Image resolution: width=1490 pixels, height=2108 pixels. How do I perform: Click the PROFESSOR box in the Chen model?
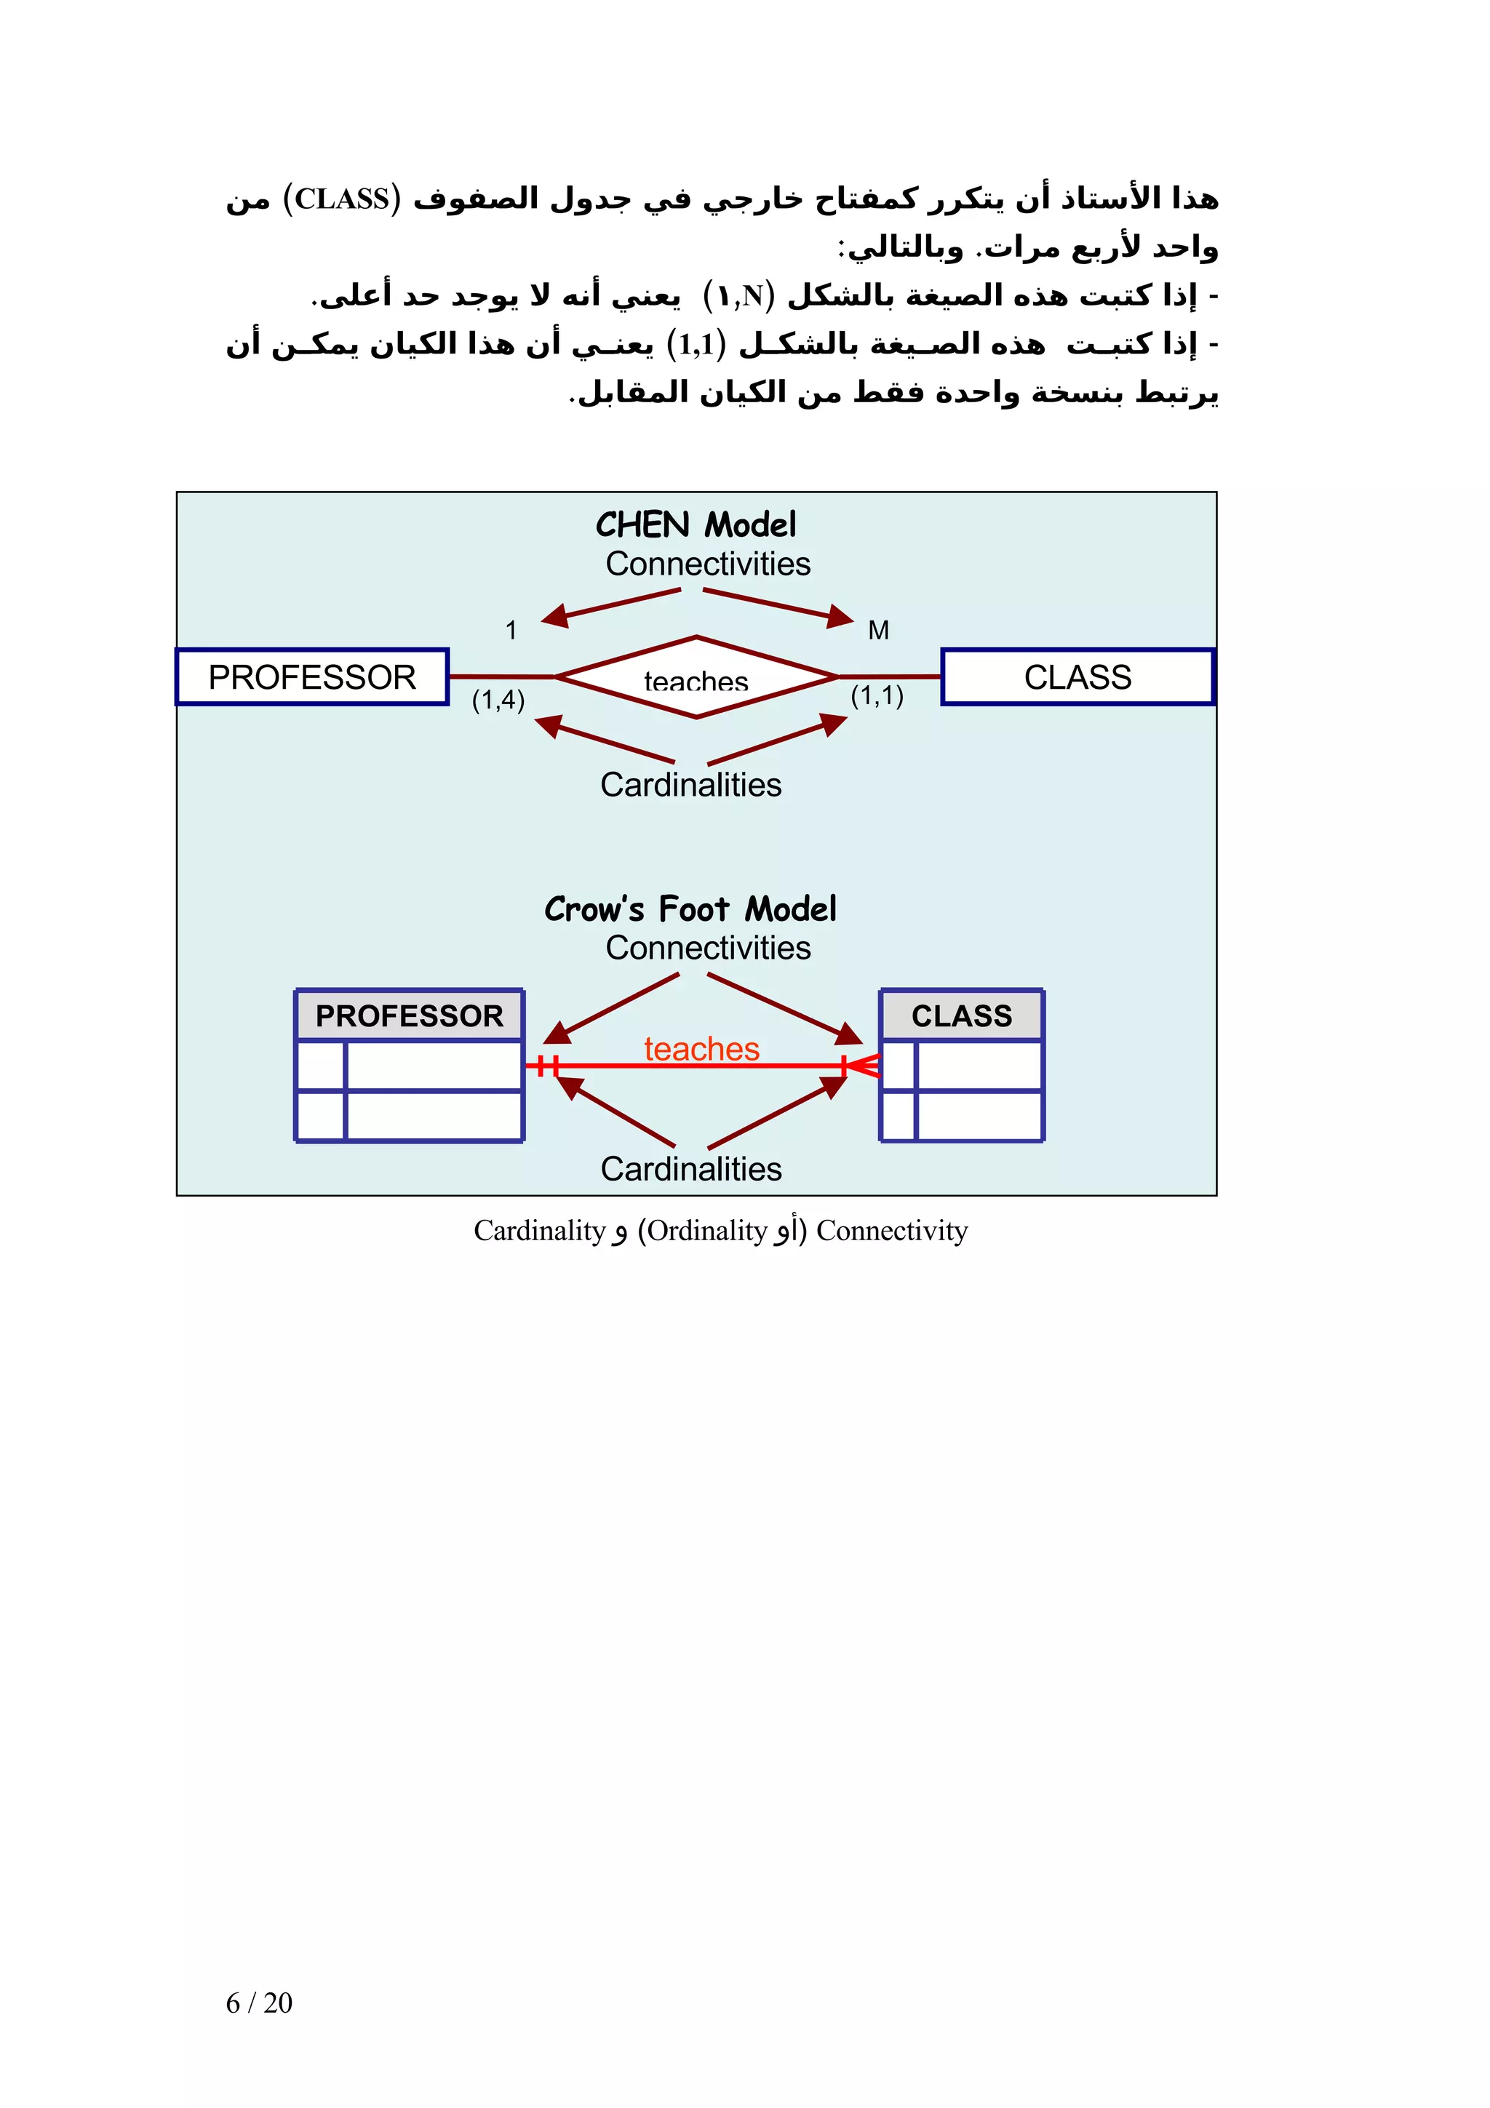click(x=312, y=676)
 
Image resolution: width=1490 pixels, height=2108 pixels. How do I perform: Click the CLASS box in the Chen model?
click(x=1077, y=676)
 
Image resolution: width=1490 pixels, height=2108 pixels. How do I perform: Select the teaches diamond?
click(x=696, y=678)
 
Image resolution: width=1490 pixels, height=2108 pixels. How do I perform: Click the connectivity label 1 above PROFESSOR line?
click(x=511, y=630)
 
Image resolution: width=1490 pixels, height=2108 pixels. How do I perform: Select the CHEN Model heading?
click(x=696, y=524)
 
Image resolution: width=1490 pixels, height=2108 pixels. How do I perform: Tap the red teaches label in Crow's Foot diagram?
click(x=701, y=1048)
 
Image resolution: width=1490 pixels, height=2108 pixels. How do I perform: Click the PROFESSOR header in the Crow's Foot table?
click(x=410, y=1015)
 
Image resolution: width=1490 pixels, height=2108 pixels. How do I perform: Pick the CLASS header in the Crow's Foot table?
click(x=961, y=1015)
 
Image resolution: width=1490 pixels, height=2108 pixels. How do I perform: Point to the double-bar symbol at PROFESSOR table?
click(x=548, y=1066)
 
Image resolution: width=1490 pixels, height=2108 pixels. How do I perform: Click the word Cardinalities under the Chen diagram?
click(x=690, y=785)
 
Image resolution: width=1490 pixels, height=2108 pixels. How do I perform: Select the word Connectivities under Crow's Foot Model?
click(x=708, y=948)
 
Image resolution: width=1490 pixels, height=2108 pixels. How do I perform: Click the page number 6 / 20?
click(x=259, y=2003)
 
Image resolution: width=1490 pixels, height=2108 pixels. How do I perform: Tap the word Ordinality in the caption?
click(x=707, y=1230)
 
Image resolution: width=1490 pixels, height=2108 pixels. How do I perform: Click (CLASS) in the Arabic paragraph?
click(x=341, y=199)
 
